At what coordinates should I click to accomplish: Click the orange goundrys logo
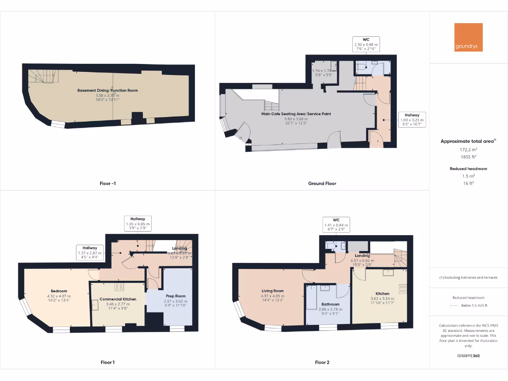(468, 37)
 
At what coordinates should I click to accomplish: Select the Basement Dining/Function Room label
(108, 90)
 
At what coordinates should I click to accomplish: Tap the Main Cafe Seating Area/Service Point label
(296, 114)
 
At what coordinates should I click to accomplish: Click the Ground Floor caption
(322, 184)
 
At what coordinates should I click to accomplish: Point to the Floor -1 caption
(107, 184)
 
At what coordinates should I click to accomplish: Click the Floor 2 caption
(322, 362)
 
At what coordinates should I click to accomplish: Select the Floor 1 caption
(107, 362)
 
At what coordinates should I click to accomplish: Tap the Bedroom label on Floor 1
(59, 291)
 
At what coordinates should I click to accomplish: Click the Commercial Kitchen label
(118, 299)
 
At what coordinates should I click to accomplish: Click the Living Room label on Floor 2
(272, 291)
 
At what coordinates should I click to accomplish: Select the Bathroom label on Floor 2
(330, 304)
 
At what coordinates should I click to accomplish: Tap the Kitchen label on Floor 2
(382, 294)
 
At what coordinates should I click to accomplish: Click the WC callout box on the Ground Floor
(366, 44)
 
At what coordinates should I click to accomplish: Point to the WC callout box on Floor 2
(336, 225)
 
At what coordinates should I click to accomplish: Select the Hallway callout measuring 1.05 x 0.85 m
(137, 224)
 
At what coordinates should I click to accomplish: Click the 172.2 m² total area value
(468, 149)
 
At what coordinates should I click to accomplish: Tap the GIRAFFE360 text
(468, 356)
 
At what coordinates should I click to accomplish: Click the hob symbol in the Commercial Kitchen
(119, 287)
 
